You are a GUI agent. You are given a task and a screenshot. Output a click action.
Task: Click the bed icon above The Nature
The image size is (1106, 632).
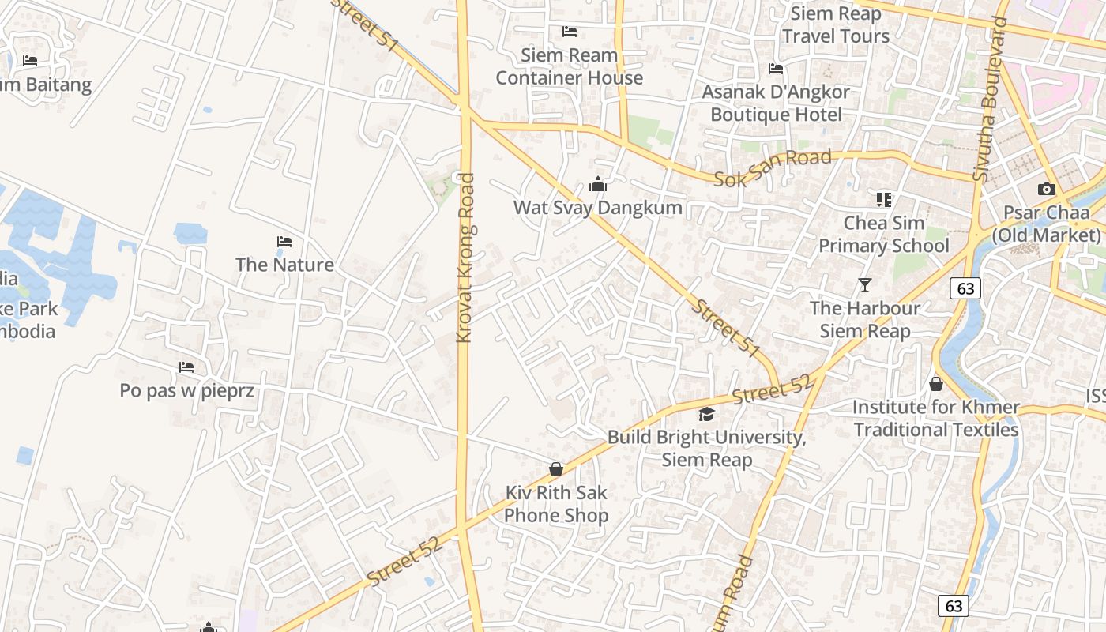click(284, 241)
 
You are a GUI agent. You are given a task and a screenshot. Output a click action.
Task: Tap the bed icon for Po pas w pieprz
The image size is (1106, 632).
click(186, 367)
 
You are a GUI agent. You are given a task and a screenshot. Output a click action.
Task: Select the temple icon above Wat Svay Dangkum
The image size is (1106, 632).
click(598, 185)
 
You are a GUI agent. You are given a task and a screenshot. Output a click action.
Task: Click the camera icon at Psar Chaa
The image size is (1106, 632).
click(1046, 190)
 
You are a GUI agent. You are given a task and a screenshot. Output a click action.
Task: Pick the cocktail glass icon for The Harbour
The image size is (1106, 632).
click(865, 285)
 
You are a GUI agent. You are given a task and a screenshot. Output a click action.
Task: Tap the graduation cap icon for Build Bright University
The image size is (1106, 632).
click(706, 414)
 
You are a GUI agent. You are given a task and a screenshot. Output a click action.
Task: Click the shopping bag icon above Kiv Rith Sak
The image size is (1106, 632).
click(556, 469)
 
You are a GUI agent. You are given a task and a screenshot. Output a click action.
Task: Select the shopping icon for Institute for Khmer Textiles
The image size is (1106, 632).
click(936, 384)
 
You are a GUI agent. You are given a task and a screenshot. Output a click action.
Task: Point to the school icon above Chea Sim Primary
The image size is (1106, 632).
click(883, 200)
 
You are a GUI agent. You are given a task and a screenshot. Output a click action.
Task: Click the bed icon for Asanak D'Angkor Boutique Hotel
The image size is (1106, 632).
click(776, 69)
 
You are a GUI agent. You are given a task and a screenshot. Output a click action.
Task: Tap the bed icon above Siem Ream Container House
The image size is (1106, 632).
click(569, 32)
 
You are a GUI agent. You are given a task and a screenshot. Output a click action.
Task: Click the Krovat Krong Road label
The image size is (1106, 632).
click(465, 258)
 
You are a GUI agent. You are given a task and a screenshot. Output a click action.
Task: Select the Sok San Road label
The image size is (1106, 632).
click(773, 167)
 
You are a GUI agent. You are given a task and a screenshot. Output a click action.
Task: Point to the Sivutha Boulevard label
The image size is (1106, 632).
click(991, 99)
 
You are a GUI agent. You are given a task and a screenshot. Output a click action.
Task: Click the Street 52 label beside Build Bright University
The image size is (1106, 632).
click(771, 389)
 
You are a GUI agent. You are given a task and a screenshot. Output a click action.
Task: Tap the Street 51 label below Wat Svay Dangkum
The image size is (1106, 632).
click(725, 327)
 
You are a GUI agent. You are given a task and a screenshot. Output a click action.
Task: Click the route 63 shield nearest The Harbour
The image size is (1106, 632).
click(965, 288)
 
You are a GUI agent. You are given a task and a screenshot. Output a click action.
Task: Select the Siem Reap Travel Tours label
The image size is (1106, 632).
click(836, 24)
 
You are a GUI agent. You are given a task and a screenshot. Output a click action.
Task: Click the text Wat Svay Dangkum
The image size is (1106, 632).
click(598, 208)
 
